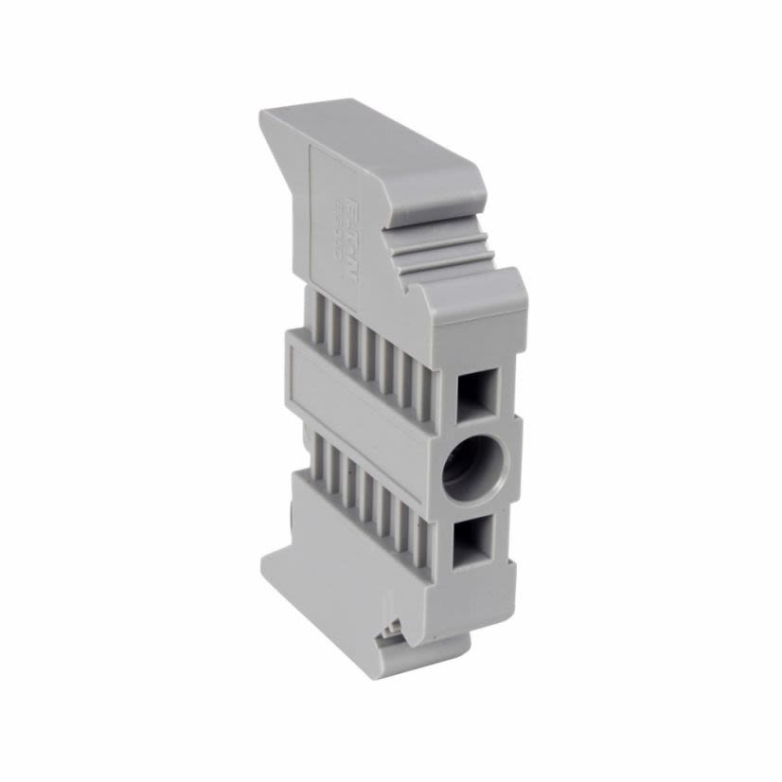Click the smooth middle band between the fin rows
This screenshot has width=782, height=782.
pyautogui.click(x=350, y=398)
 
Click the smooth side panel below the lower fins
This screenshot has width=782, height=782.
pyautogui.click(x=350, y=549)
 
